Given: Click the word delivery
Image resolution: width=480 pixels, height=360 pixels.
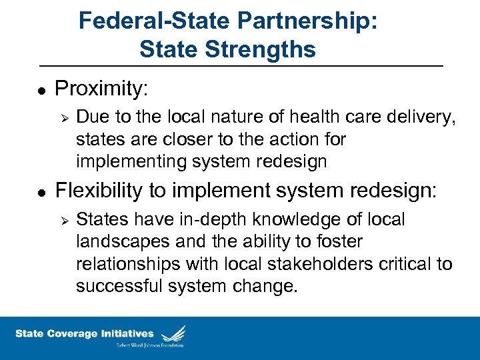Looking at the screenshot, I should click(x=415, y=117).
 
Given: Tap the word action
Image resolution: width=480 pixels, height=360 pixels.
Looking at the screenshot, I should click(x=293, y=139).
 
